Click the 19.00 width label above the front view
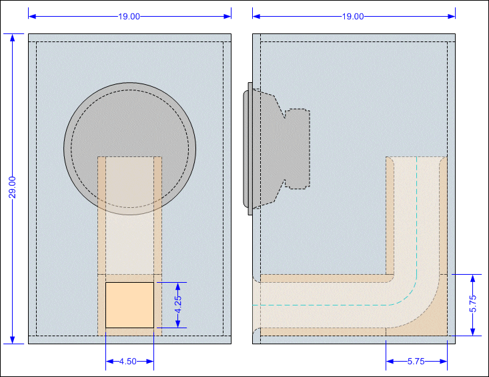[129, 17]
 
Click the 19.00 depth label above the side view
[353, 17]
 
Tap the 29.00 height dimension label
[12, 187]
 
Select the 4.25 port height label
[177, 305]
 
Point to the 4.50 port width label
[128, 362]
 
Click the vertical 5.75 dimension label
[473, 303]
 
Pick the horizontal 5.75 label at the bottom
[416, 362]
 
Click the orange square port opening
[129, 305]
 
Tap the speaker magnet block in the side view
[298, 149]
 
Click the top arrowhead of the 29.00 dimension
[13, 37]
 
